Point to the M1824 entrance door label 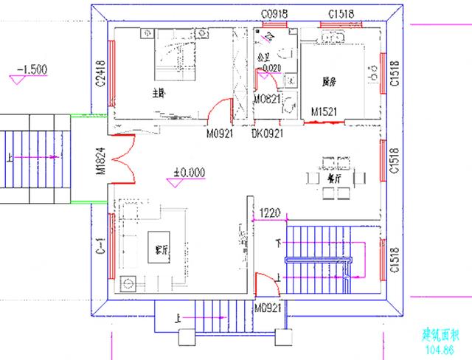click(x=98, y=162)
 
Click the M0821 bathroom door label click(x=267, y=99)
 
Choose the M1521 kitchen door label click(x=324, y=111)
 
